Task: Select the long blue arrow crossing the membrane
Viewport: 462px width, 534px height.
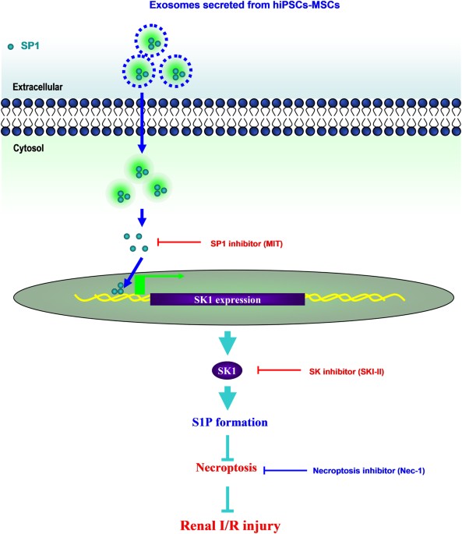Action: pos(142,125)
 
